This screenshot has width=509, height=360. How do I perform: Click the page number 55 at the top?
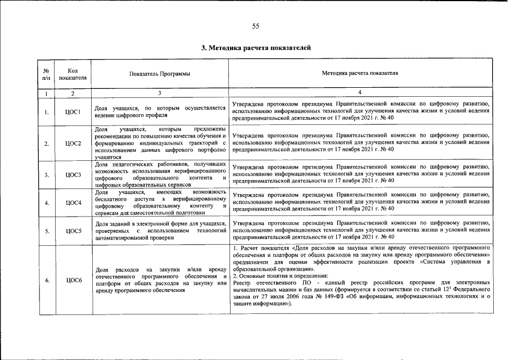(255, 26)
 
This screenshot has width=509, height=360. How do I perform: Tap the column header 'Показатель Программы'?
(160, 74)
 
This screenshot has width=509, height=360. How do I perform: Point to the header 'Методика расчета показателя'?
(360, 74)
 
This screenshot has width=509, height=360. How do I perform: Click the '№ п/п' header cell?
(46, 74)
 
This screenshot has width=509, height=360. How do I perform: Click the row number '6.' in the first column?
(46, 280)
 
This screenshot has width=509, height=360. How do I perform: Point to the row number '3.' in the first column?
(46, 174)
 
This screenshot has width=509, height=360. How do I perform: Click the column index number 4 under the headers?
(360, 92)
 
